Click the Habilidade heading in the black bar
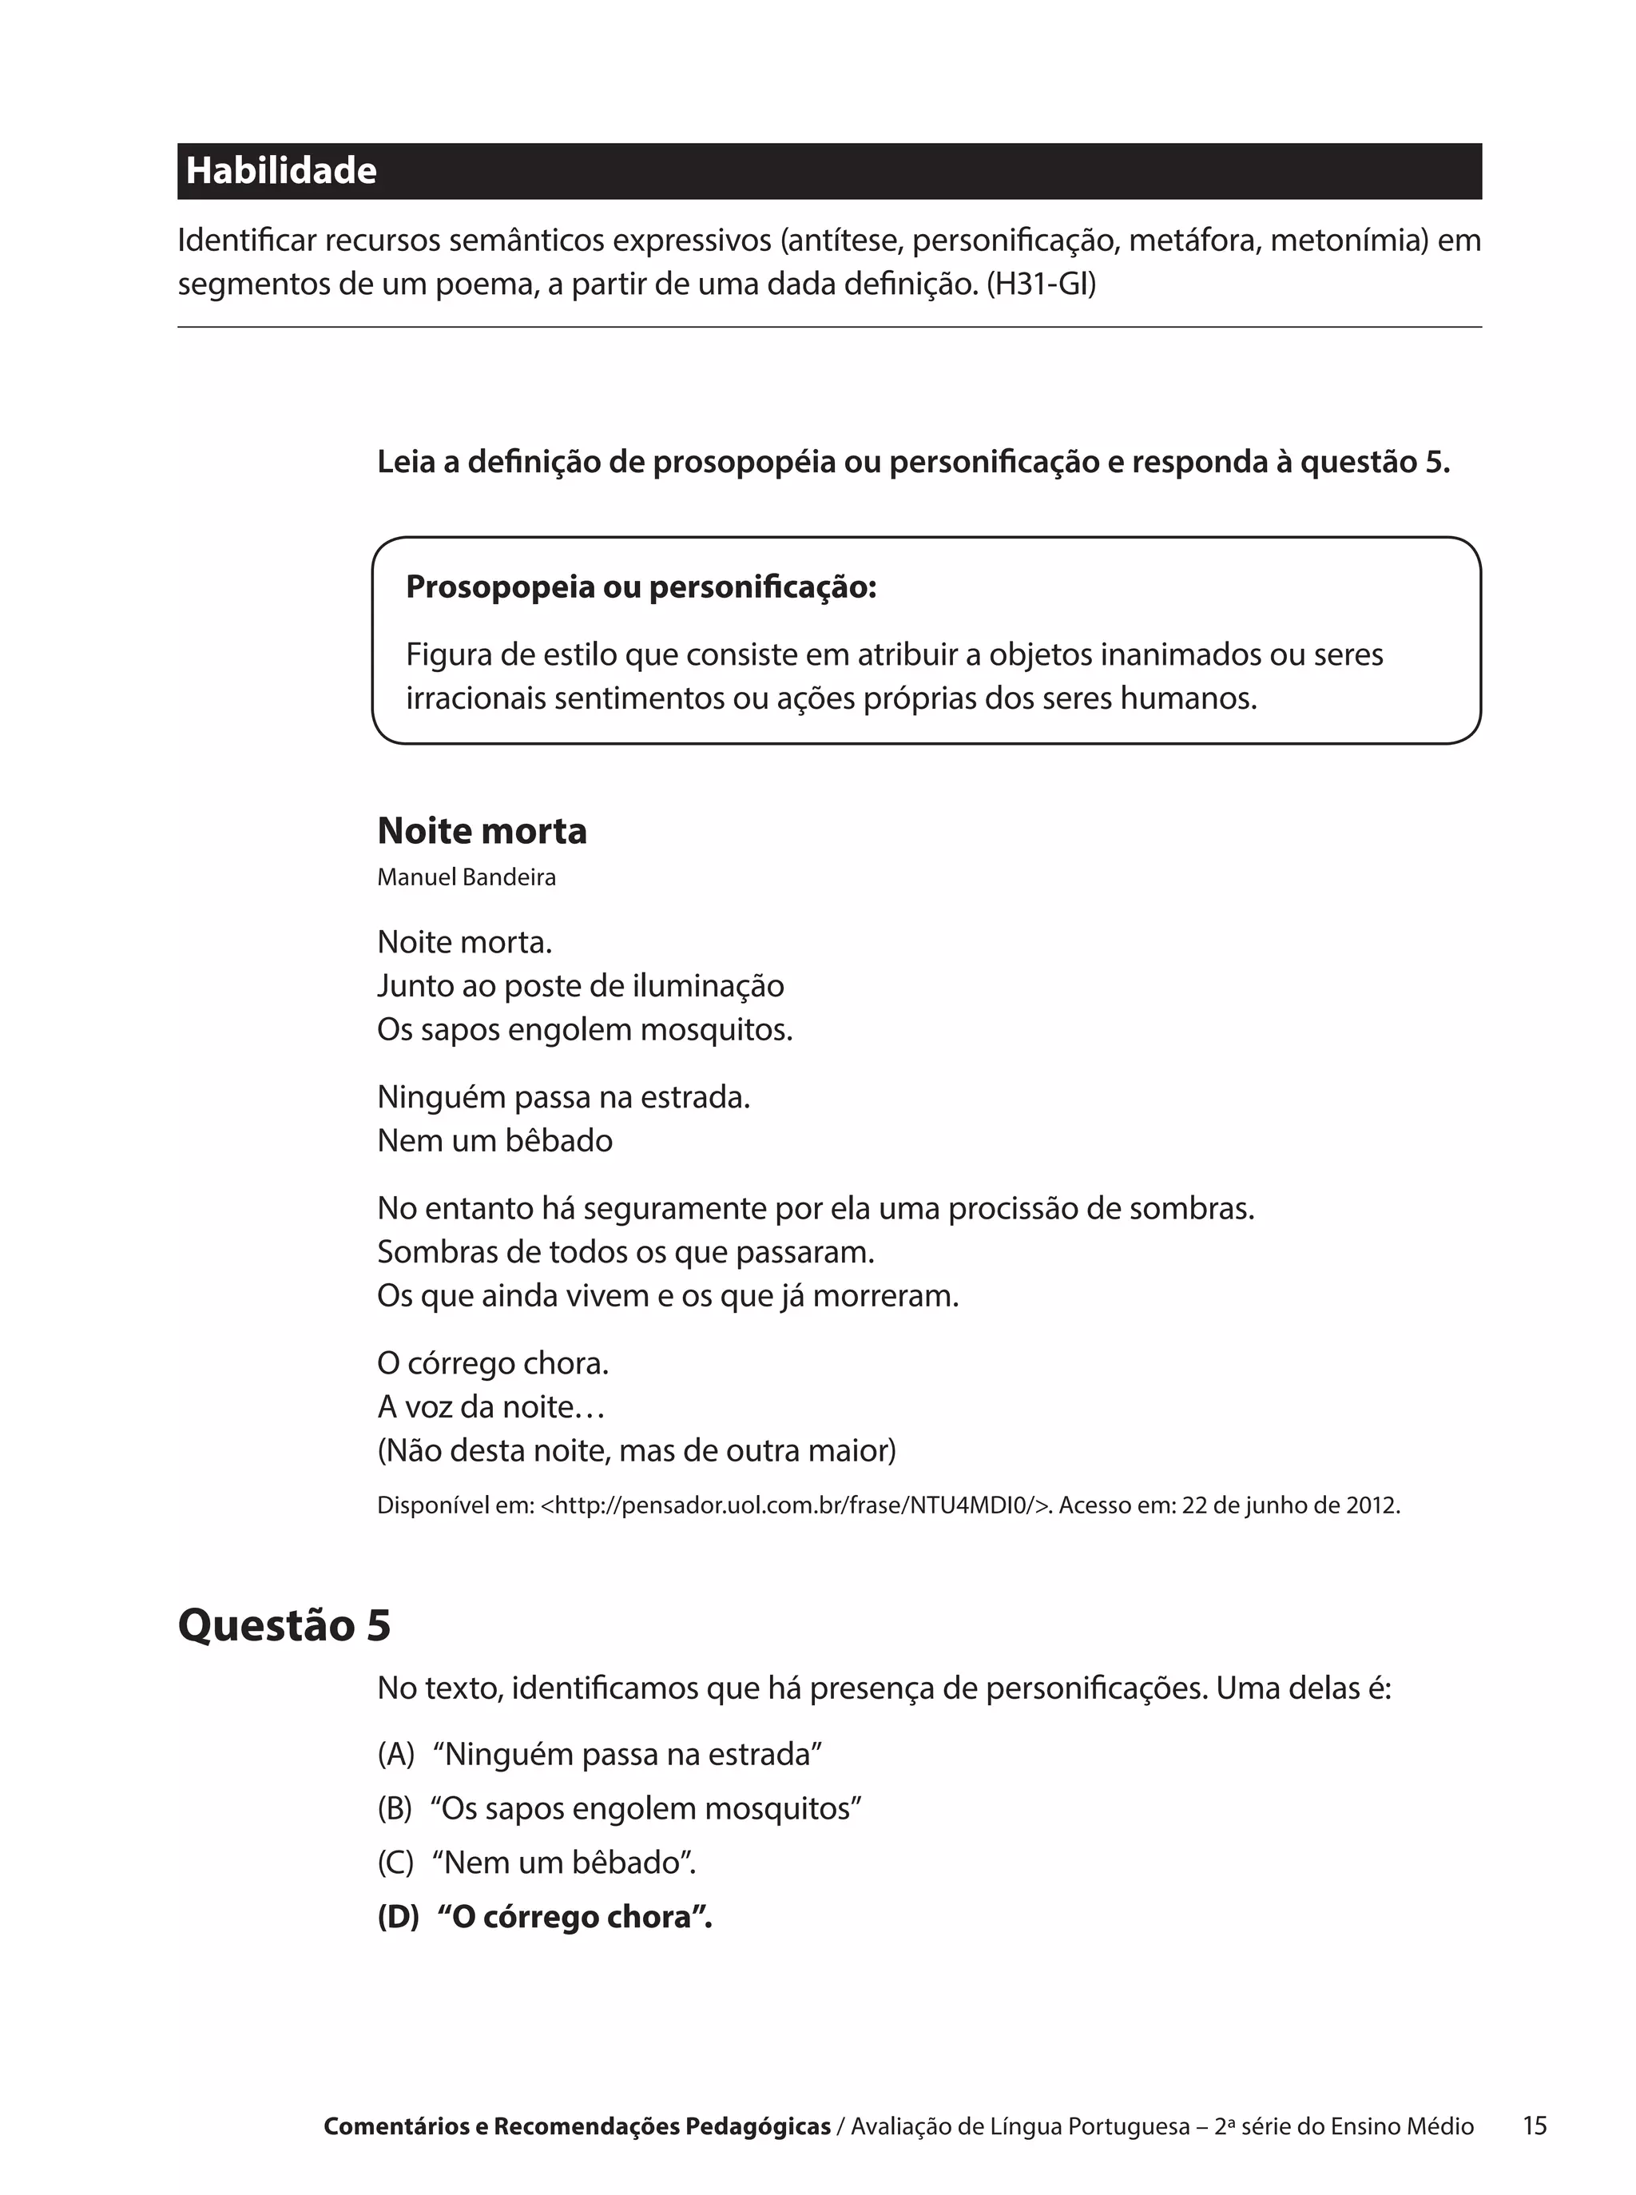point(281,171)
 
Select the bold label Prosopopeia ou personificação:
point(641,587)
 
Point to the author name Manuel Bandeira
point(467,877)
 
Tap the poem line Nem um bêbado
point(494,1141)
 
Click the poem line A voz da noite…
point(490,1408)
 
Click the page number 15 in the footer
point(1534,2125)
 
